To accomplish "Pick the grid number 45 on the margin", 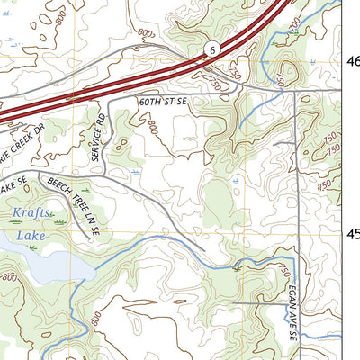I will click(x=353, y=234).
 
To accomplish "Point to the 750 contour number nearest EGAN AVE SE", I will click(x=283, y=270).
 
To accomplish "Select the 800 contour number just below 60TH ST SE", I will click(x=152, y=129).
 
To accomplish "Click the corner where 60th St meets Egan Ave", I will click(x=297, y=91).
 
